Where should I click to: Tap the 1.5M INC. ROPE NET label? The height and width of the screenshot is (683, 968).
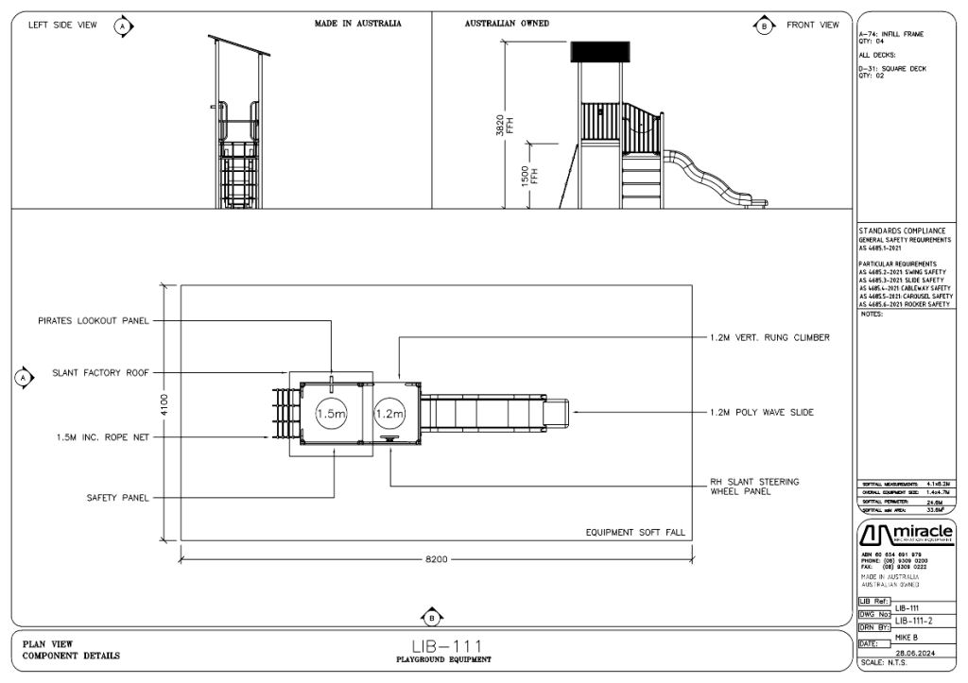click(101, 437)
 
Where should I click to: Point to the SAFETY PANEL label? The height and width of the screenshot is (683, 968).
click(118, 497)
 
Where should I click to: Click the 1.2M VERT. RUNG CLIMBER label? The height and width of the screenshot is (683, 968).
click(769, 337)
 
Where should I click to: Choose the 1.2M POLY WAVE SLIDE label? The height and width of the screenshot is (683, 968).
click(762, 412)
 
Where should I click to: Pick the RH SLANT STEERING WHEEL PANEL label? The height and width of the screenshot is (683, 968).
click(754, 487)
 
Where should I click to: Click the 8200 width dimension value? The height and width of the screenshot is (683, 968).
click(436, 559)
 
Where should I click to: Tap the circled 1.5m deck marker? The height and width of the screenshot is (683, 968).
click(332, 415)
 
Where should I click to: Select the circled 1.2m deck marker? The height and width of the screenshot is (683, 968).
click(389, 415)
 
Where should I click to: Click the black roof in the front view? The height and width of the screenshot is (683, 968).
click(598, 51)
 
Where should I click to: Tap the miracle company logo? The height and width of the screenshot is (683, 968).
click(905, 534)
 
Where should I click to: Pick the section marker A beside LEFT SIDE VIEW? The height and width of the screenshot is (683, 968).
click(122, 26)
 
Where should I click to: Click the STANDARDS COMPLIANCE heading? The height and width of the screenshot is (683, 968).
click(902, 231)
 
